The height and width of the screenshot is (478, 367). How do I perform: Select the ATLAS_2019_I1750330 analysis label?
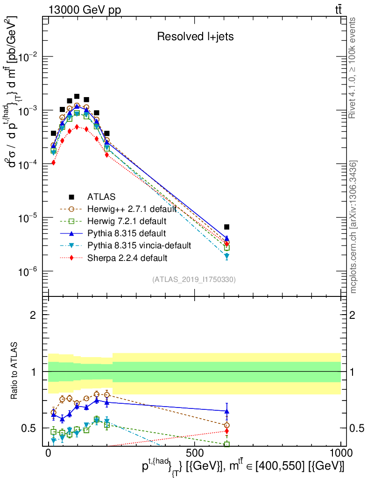pyautogui.click(x=194, y=280)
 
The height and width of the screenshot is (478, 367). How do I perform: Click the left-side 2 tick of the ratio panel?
pyautogui.click(x=33, y=315)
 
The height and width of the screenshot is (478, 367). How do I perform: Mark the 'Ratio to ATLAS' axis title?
pyautogui.click(x=15, y=371)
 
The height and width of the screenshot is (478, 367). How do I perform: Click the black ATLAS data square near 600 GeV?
pyautogui.click(x=227, y=227)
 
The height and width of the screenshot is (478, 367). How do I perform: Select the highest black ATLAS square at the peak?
pyautogui.click(x=77, y=96)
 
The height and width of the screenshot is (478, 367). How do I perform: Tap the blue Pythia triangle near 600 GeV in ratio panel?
pyautogui.click(x=227, y=411)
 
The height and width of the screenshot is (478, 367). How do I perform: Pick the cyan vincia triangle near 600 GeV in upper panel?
pyautogui.click(x=227, y=256)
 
